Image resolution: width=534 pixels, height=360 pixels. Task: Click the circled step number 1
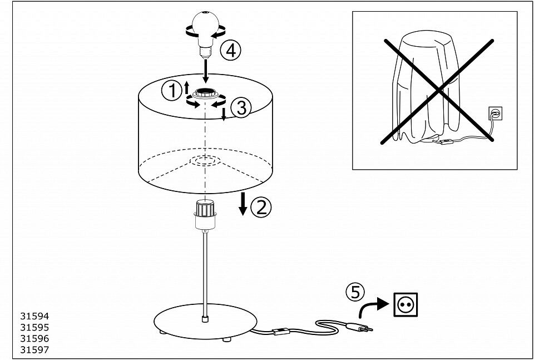pos(171,91)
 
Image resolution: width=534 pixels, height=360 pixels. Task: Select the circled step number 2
pos(261,207)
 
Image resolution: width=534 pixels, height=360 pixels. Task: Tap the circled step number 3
pos(241,109)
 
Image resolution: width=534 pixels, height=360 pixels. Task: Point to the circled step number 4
pos(230,51)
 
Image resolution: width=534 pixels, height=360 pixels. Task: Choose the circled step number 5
pos(355,292)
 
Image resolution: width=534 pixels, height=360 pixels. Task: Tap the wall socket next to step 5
pos(406,304)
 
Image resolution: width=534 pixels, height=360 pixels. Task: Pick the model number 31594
pos(34,316)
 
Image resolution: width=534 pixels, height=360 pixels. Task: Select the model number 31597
pos(34,350)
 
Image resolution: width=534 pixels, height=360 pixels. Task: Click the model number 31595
pos(34,327)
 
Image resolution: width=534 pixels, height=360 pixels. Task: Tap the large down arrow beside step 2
pos(243,204)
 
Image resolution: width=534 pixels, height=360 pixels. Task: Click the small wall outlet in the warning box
pos(495,113)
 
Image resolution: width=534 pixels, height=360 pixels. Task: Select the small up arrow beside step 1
pos(186,87)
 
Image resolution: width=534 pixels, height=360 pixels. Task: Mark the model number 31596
pos(34,338)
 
